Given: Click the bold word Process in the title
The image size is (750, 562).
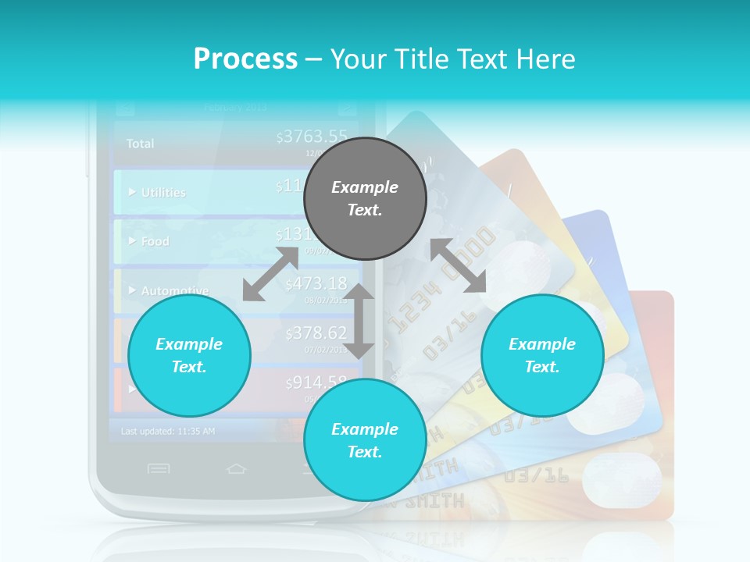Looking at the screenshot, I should pos(245,59).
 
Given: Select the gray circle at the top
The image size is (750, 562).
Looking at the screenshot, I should pos(365,198).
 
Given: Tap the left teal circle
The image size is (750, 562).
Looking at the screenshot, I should pos(189,355).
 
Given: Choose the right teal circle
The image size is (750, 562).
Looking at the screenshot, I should pos(542,355).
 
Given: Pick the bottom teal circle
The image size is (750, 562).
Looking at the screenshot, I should pos(365,439).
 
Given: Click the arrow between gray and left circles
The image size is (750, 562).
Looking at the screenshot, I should pos(271,273).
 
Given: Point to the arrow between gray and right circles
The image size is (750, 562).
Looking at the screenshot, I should pos(459,265).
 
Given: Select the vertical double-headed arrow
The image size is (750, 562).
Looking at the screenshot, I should pos(359,321).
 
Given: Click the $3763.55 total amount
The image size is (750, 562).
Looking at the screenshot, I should pos(312,137).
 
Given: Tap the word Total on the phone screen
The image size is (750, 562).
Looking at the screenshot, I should pos(141,144).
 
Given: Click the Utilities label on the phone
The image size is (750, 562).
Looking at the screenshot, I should pos(163,193).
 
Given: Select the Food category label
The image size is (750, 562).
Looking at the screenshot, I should pos(155,242).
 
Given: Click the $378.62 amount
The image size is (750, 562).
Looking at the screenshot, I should pos(316,333).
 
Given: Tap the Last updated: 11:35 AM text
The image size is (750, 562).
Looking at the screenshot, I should pos(168,431).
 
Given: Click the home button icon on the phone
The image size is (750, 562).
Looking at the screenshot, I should pos(236,468).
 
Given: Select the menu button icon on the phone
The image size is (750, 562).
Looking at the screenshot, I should pos(159,468).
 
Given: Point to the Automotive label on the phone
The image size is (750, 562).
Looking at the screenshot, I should pos(174,291).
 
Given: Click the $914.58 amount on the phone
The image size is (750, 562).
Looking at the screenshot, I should pos(316,382).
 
